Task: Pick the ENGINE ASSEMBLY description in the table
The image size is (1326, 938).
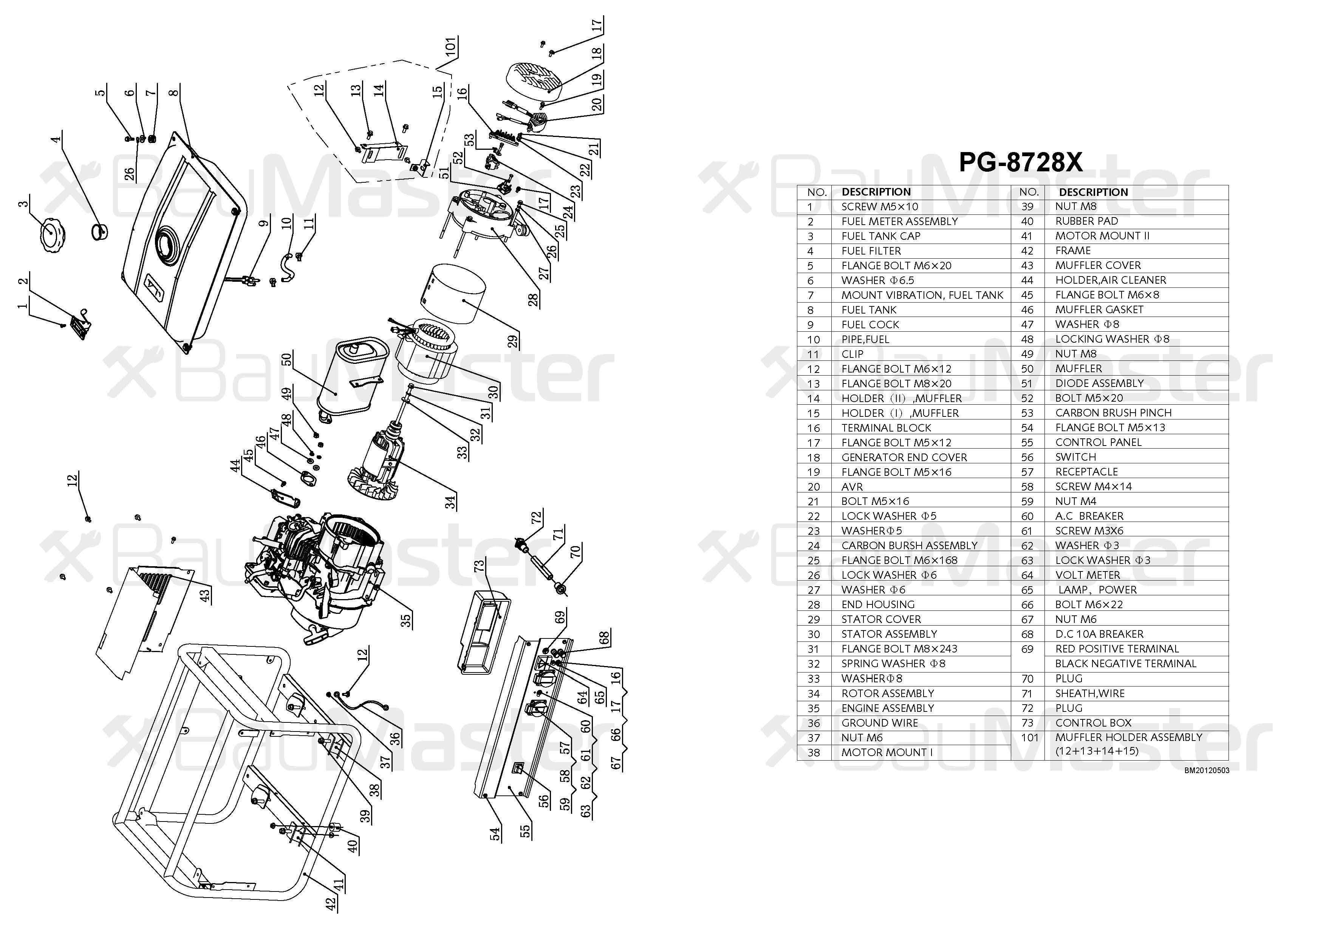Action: pos(887,708)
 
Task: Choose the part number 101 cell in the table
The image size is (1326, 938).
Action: pos(1029,738)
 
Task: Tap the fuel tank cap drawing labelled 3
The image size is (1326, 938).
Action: pos(51,234)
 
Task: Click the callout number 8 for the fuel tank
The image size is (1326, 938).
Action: pos(175,92)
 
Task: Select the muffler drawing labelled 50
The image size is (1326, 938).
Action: pos(352,376)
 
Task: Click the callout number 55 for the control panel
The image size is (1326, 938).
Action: pos(525,831)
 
